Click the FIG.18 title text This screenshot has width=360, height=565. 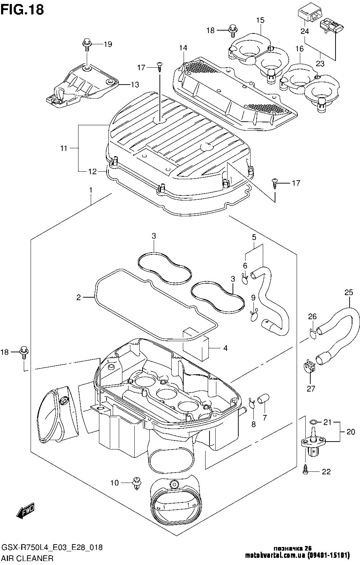[x=22, y=10]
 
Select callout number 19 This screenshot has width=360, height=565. [x=108, y=44]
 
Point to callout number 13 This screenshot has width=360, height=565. [x=135, y=85]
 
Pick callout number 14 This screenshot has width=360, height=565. [x=183, y=48]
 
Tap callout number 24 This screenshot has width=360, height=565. [x=305, y=31]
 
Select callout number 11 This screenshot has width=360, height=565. [x=64, y=148]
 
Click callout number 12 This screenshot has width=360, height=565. [x=93, y=172]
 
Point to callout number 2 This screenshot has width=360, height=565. [x=79, y=298]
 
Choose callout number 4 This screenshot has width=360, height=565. [x=225, y=348]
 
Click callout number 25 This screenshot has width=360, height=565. [x=349, y=293]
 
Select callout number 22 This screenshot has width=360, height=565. [x=326, y=472]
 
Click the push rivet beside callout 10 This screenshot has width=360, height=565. [x=137, y=483]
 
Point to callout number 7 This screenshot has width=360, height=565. [x=265, y=418]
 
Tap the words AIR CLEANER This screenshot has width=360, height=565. [x=28, y=559]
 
